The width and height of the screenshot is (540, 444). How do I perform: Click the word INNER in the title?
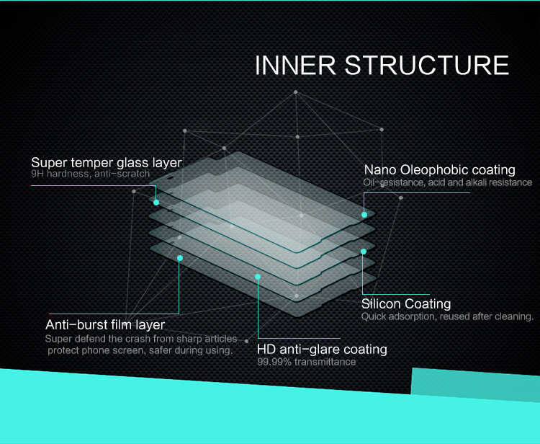coord(295,65)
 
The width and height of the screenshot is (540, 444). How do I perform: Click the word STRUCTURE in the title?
coord(427,65)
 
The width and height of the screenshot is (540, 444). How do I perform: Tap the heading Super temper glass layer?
coord(107,162)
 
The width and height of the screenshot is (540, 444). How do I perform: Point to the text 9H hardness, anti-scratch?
coord(90,174)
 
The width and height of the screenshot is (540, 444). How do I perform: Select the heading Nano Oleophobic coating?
coord(439,169)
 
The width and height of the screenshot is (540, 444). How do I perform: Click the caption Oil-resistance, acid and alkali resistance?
coord(448,182)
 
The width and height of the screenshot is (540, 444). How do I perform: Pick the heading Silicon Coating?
coord(406,303)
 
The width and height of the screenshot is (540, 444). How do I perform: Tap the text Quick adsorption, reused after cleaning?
coord(447,316)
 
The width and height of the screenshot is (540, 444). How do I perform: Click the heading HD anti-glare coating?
coord(322,349)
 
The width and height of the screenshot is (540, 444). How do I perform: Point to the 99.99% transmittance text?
coord(307,362)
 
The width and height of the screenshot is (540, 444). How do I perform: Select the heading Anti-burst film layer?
coord(105,325)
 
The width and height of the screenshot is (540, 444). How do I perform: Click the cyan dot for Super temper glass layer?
coord(156,203)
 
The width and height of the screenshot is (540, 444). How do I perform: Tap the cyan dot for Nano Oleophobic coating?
coord(364,214)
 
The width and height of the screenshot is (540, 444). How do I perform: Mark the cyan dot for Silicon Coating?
coord(364,252)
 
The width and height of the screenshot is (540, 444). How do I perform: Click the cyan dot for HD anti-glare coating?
coord(258,277)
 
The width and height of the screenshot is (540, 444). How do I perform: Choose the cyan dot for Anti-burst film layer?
coord(180,258)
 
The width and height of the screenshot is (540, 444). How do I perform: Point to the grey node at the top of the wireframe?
coord(295,92)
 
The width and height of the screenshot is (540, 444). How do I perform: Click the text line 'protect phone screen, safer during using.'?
coord(140,350)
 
